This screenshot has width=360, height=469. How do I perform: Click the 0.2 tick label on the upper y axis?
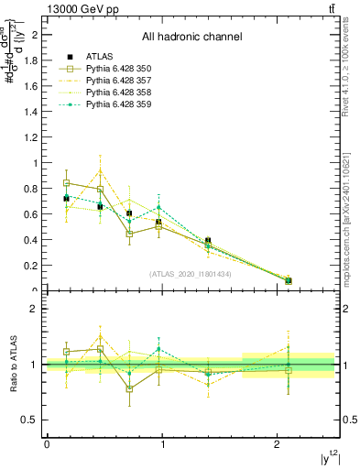tap(35, 266)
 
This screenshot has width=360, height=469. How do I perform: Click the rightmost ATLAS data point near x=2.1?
tap(289, 280)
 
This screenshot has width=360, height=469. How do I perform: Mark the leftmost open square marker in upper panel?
tap(66, 183)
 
